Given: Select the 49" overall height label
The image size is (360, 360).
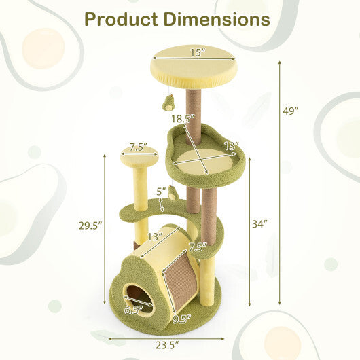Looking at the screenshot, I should pos(292,111).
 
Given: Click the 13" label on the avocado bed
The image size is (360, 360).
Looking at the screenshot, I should pos(231,145).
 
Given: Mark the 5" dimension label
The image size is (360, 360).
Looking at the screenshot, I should pos(160,191).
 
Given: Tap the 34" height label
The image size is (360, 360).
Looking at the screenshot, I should pos(261,223).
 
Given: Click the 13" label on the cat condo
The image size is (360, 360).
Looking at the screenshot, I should pos(156,236).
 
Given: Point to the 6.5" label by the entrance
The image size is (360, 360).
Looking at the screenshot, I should pos(134,310).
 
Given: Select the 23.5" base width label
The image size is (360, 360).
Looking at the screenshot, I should pos(165,344).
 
